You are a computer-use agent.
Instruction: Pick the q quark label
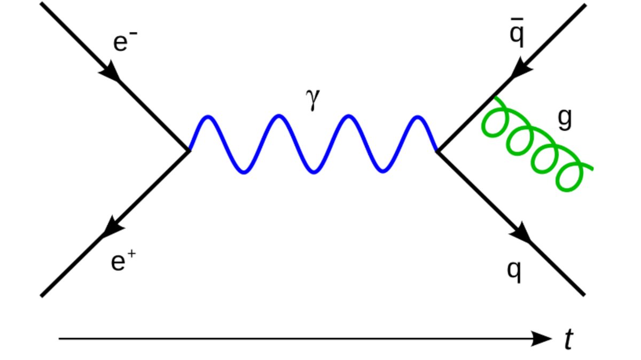coord(514,271)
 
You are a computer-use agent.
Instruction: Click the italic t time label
coord(568,340)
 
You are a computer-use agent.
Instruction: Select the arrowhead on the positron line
coord(112,228)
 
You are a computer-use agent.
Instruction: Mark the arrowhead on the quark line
coord(522,233)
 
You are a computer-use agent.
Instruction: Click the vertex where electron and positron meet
coord(189,151)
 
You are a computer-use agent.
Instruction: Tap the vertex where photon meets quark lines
coord(437,151)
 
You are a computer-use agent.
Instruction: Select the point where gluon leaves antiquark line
coord(493,97)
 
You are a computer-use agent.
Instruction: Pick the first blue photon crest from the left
coord(208,117)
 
